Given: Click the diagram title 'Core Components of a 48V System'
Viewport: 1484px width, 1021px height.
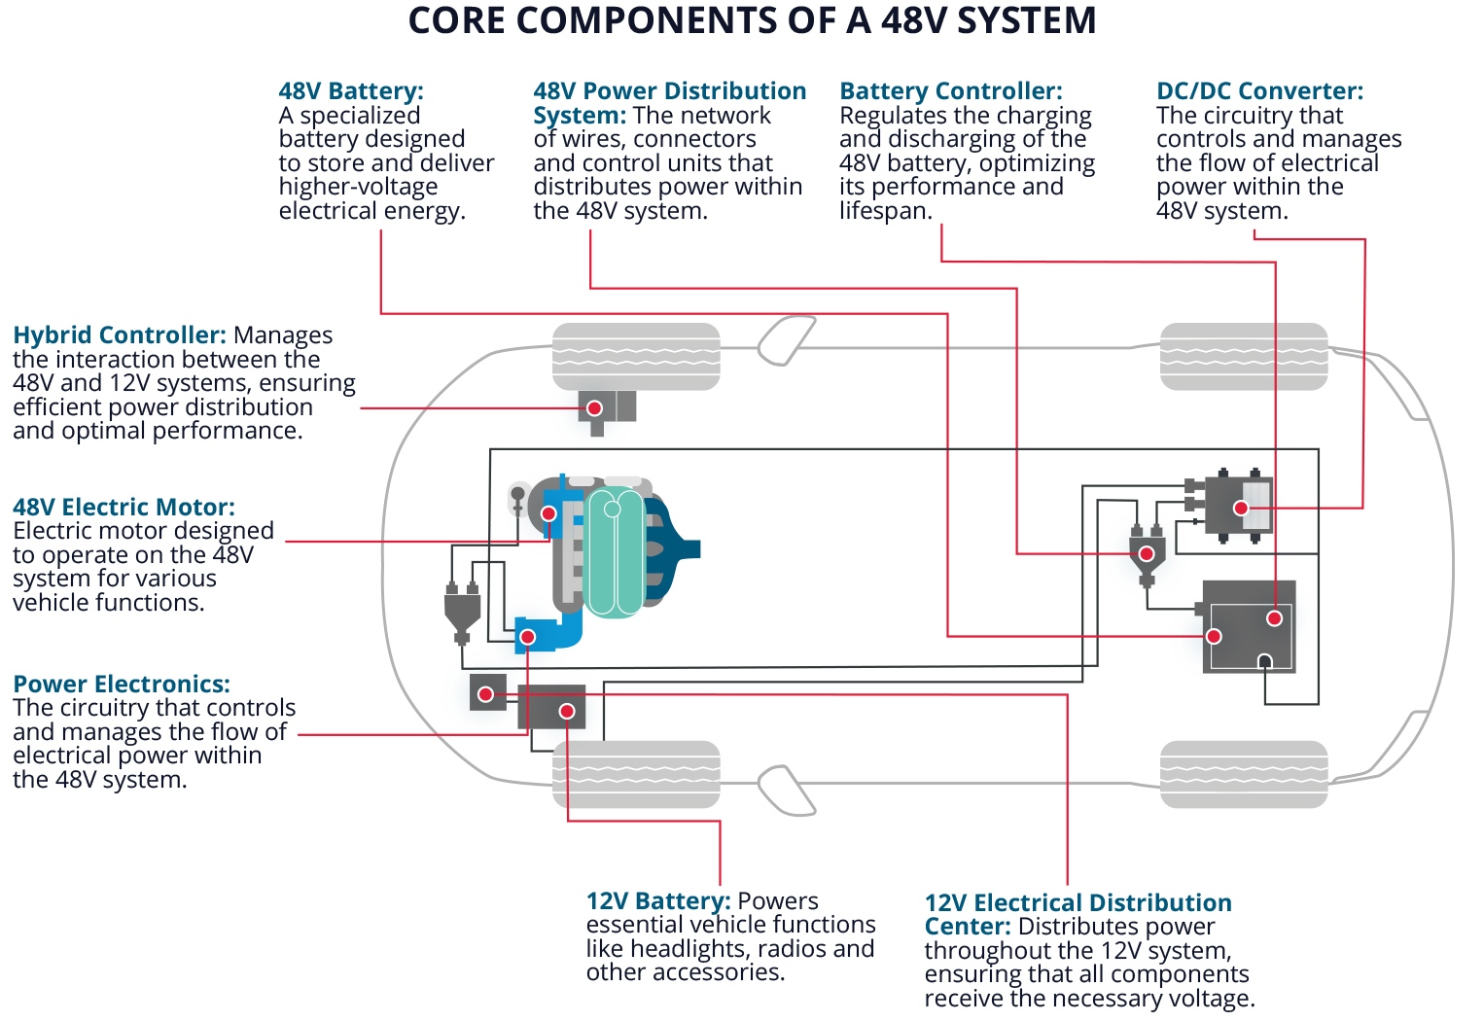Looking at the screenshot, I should coord(752,20).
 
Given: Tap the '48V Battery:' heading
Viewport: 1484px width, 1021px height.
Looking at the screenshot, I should coord(351,91).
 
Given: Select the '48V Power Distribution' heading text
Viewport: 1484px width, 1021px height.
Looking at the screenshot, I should coord(669,91).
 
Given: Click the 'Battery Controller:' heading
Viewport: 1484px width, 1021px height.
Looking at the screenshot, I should coord(950,91).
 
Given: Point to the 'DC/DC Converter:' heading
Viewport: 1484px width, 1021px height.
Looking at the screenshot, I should coord(1259,91).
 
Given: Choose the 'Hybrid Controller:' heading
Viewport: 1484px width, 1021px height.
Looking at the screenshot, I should coord(120,335).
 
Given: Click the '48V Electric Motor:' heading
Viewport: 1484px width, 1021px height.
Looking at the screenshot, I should coord(124,508).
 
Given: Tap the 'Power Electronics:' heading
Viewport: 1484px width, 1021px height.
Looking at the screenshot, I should coord(122,685).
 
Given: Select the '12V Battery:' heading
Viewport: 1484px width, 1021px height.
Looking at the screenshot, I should coord(657,901).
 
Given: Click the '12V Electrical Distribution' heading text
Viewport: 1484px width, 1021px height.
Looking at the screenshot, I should coord(1078,903).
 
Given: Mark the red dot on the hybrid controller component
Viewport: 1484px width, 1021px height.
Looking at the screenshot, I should coord(594,408).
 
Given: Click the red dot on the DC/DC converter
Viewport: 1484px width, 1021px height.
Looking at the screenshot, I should coord(1241,508).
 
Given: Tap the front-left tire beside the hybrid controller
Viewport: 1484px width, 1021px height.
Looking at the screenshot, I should coord(636,357).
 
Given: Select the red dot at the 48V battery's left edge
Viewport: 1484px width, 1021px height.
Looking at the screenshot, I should coord(1214,637).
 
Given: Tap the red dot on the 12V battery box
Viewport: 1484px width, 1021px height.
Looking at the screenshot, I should coord(567,712).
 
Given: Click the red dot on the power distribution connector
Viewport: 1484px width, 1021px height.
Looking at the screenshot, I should coord(1147,554).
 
